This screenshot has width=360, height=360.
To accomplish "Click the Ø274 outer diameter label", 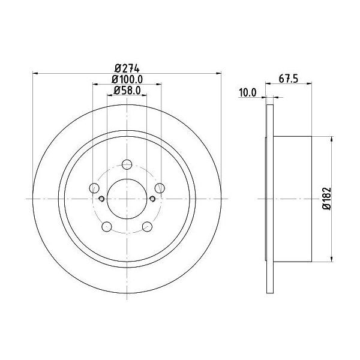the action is [x=127, y=68].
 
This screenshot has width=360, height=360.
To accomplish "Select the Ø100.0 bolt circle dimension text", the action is [x=127, y=79].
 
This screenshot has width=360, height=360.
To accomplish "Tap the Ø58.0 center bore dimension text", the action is [x=127, y=91].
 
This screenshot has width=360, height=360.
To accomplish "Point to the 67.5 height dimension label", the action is [x=289, y=79].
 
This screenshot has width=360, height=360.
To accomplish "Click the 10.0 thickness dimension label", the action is [x=247, y=93].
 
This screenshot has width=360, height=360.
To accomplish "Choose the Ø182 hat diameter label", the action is [x=327, y=199].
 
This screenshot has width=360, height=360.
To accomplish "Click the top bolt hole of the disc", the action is [x=127, y=164].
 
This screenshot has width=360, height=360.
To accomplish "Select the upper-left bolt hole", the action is [x=94, y=188].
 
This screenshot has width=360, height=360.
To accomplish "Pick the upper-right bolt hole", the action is [x=160, y=188].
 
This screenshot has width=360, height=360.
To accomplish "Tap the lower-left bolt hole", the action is [x=107, y=227].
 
